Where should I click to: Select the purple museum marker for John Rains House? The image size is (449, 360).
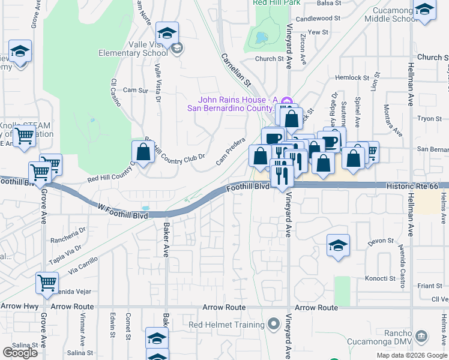pyautogui.click(x=286, y=100)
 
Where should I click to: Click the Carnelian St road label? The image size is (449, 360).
pyautogui.click(x=236, y=70)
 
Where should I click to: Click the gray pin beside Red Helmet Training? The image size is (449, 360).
pyautogui.click(x=274, y=325)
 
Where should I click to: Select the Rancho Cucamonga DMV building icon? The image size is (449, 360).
pyautogui.click(x=421, y=335)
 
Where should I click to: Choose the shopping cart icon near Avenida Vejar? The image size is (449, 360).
pyautogui.click(x=47, y=282)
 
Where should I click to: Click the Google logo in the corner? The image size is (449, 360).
pyautogui.click(x=20, y=353)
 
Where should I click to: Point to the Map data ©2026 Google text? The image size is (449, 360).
pyautogui.click(x=411, y=355)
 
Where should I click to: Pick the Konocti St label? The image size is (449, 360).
pyautogui.click(x=380, y=279)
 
